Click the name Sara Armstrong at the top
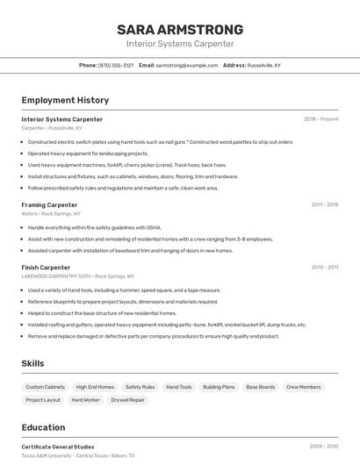(x=180, y=30)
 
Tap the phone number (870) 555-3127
(x=116, y=65)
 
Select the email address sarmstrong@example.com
(x=187, y=65)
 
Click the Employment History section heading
(x=65, y=100)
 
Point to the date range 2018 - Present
(x=321, y=119)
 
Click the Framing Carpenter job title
(x=49, y=204)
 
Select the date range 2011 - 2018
(x=325, y=204)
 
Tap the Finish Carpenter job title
(x=46, y=267)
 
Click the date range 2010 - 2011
(x=325, y=267)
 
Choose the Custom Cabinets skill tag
(x=45, y=387)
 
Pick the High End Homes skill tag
(x=95, y=387)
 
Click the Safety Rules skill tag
(x=140, y=387)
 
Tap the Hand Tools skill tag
(x=179, y=387)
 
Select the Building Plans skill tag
(x=219, y=387)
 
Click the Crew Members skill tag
(x=304, y=387)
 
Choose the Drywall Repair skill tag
(x=127, y=400)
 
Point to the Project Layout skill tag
(x=43, y=400)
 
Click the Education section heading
(x=43, y=427)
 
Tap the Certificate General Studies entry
(x=58, y=447)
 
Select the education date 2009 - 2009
(x=324, y=447)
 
